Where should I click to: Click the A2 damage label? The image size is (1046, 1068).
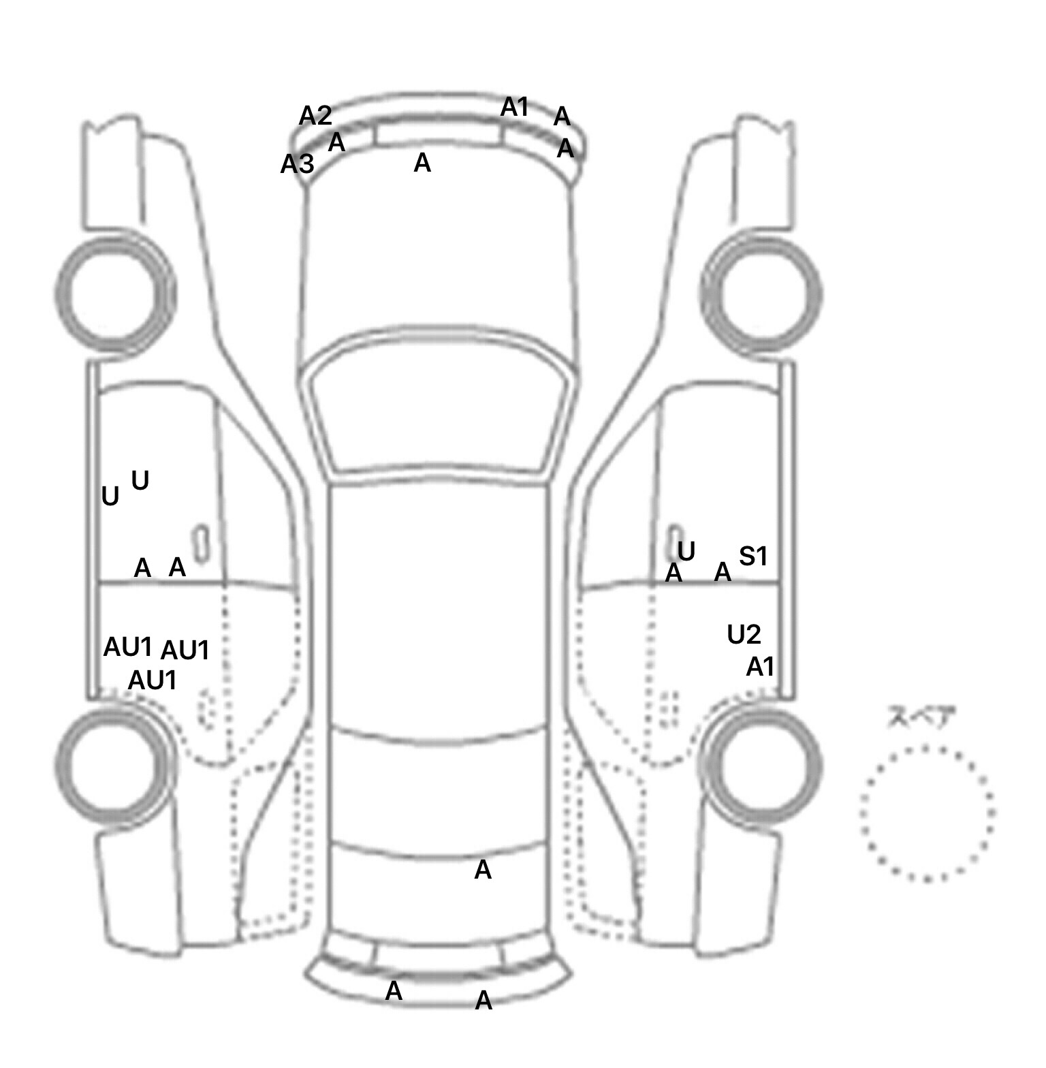pyautogui.click(x=315, y=116)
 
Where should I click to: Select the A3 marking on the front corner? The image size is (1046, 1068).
pyautogui.click(x=298, y=164)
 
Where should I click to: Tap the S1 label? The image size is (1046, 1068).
pyautogui.click(x=753, y=556)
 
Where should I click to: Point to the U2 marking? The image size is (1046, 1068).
pyautogui.click(x=744, y=635)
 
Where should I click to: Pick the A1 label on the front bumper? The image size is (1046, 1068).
pyautogui.click(x=515, y=107)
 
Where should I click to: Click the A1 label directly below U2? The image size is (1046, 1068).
pyautogui.click(x=760, y=667)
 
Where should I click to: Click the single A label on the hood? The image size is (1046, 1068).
pyautogui.click(x=422, y=163)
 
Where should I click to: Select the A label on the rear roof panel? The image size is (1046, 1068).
pyautogui.click(x=482, y=870)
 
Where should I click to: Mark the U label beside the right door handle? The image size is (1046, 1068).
pyautogui.click(x=686, y=551)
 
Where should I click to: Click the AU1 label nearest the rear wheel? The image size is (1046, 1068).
pyautogui.click(x=153, y=680)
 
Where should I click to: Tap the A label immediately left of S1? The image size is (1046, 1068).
pyautogui.click(x=723, y=572)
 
